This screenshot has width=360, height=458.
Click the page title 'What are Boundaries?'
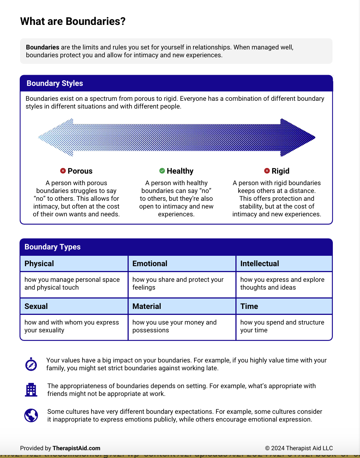pos(73,22)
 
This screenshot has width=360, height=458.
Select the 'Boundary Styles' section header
pos(55,83)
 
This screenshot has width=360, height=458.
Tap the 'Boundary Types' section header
pos(52,247)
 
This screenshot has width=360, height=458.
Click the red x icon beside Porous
pos(63,171)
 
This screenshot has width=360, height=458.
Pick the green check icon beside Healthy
pos(162,171)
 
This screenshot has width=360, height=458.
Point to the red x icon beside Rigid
pos(267,171)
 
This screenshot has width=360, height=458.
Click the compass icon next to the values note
pos(31,364)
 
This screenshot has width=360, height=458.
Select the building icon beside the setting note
pos(31,390)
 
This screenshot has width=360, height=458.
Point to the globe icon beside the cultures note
pos(31,415)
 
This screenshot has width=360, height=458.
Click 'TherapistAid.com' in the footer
pos(76,448)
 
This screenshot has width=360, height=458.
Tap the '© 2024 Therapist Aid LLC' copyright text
pos(299,448)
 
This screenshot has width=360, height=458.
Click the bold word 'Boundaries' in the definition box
pos(42,47)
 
